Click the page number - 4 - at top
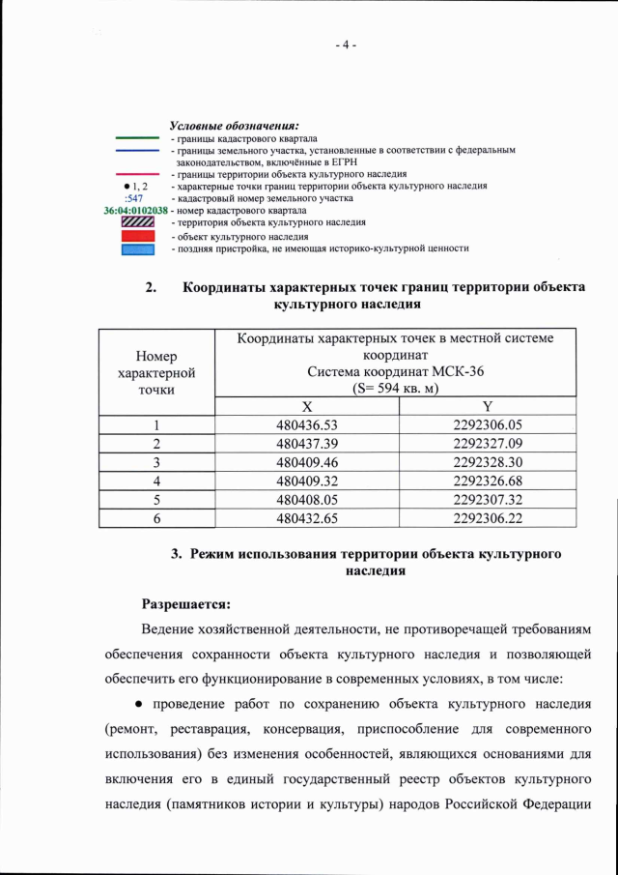point(347,44)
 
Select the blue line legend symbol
point(136,151)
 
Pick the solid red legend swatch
point(136,236)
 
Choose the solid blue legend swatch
point(136,248)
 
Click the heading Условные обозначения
point(234,127)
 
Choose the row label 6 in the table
point(155,518)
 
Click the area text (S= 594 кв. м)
point(396,389)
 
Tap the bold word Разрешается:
point(186,605)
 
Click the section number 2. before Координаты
point(151,288)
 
